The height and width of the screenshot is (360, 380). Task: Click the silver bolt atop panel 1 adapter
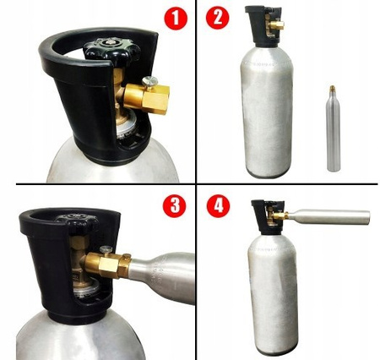coord(149,79)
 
